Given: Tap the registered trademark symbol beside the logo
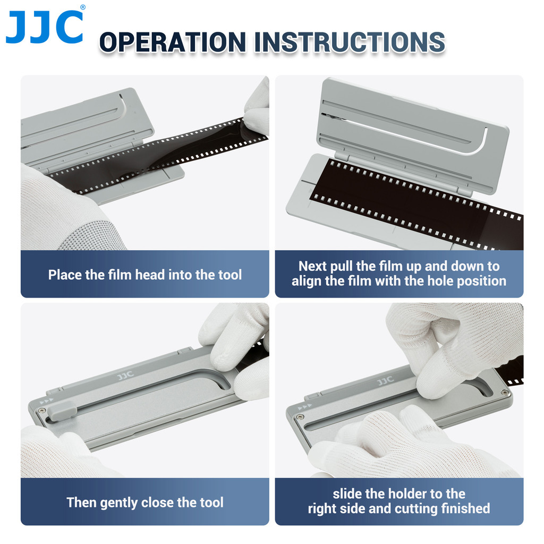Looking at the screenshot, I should pyautogui.click(x=82, y=7).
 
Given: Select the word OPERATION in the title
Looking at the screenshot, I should pyautogui.click(x=172, y=42).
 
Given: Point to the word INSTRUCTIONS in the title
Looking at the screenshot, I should pyautogui.click(x=350, y=42).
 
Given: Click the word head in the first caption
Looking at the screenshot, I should pyautogui.click(x=150, y=275).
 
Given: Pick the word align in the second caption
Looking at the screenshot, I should pyautogui.click(x=307, y=281).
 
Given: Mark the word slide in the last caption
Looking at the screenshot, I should pyautogui.click(x=348, y=494).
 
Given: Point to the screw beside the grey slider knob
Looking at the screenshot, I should pyautogui.click(x=42, y=410).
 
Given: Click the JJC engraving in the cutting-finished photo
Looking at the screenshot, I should pyautogui.click(x=385, y=380).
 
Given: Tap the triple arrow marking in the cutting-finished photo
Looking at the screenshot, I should pyautogui.click(x=305, y=407).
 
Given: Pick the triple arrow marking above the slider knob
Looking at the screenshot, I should pyautogui.click(x=47, y=401).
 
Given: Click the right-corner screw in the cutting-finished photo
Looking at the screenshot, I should pyautogui.click(x=504, y=393).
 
